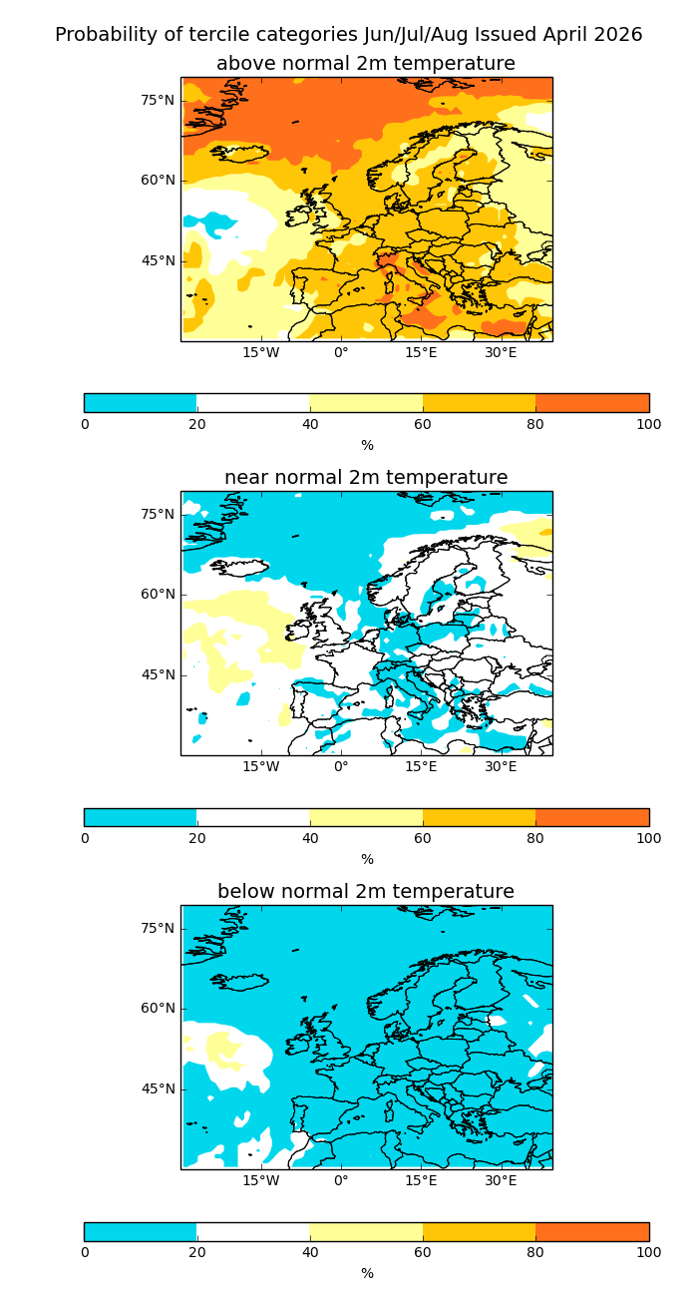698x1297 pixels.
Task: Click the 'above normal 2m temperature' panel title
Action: pyautogui.click(x=366, y=64)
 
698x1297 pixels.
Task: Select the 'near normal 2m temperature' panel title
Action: pyautogui.click(x=366, y=478)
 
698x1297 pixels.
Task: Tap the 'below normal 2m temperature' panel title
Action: pyautogui.click(x=366, y=892)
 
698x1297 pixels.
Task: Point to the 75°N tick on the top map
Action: pyautogui.click(x=158, y=100)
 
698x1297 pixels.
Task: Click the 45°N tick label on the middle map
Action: pyautogui.click(x=158, y=674)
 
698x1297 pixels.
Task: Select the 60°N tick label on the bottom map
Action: pyautogui.click(x=158, y=1008)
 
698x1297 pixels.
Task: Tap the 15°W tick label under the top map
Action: pyautogui.click(x=261, y=352)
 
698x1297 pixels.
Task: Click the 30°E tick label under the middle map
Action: pyautogui.click(x=501, y=766)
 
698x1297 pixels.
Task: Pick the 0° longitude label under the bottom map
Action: pyautogui.click(x=341, y=1180)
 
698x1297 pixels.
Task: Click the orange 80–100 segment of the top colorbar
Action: pyautogui.click(x=592, y=403)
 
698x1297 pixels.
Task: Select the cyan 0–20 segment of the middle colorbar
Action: pyautogui.click(x=141, y=817)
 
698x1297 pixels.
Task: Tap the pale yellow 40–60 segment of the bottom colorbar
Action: pyautogui.click(x=366, y=1231)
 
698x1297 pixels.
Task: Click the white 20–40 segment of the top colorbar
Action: pyautogui.click(x=253, y=403)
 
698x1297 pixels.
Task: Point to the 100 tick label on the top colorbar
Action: pyautogui.click(x=648, y=424)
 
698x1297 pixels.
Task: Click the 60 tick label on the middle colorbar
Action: pyautogui.click(x=423, y=838)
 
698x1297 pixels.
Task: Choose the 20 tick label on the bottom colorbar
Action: pyautogui.click(x=197, y=1252)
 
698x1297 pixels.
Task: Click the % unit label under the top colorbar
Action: pyautogui.click(x=367, y=446)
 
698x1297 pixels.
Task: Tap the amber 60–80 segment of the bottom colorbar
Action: pyautogui.click(x=480, y=1231)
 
